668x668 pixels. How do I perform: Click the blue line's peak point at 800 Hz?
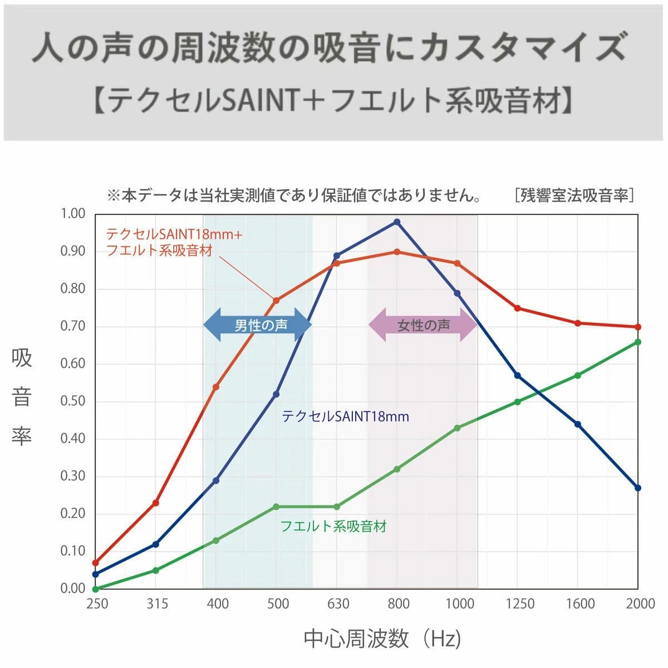397,222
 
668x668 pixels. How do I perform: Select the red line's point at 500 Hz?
276,300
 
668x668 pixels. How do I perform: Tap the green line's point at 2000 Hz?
638,342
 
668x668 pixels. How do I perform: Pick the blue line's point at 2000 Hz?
638,488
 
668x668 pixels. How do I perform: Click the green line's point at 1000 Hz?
457,428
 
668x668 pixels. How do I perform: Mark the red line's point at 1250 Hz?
517,308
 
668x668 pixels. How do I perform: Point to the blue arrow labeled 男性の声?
257,325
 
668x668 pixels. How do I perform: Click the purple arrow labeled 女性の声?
423,325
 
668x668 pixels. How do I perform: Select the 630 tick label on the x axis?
338,604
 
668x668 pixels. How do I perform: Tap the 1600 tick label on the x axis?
579,604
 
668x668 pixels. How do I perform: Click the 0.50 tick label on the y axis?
72,401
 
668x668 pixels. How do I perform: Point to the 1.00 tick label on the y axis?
72,214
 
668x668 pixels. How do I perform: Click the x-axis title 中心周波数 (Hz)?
382,638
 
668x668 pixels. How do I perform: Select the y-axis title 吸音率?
22,396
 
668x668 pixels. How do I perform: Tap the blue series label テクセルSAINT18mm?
345,416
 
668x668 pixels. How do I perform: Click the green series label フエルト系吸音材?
333,526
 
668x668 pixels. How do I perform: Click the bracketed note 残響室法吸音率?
574,195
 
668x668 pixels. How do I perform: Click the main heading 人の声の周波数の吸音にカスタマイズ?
328,47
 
